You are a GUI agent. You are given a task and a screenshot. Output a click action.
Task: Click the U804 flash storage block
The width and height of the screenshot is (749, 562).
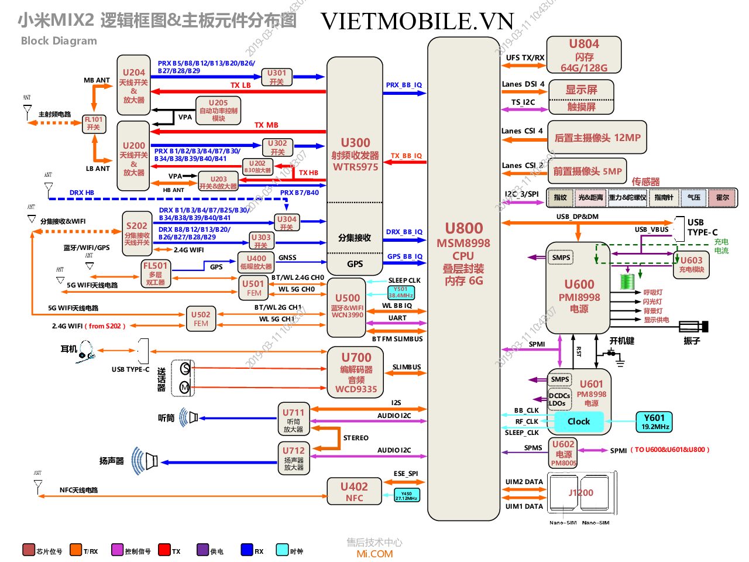click(583, 55)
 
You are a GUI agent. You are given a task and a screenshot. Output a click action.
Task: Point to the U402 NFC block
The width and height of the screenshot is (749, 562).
click(354, 491)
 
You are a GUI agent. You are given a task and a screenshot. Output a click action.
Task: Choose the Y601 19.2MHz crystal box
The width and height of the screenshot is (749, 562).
click(654, 421)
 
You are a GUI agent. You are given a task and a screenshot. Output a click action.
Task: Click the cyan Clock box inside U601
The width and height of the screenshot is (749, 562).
click(578, 421)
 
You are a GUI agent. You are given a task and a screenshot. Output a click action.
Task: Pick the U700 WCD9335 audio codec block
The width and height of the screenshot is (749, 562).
click(356, 372)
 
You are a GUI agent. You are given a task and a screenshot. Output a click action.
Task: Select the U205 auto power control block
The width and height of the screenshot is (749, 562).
click(218, 110)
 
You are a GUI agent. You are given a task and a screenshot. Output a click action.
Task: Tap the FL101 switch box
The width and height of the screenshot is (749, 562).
click(94, 124)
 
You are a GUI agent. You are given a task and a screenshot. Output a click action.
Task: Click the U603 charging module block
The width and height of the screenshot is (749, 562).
click(691, 265)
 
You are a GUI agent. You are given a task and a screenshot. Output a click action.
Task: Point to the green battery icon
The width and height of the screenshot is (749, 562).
click(627, 281)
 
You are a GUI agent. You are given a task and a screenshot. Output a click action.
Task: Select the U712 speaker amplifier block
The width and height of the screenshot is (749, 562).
click(294, 458)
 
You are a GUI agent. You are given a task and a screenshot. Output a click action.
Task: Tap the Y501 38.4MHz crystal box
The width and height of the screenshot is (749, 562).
click(401, 292)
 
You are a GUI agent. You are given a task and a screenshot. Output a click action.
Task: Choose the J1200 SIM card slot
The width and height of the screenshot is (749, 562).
click(580, 493)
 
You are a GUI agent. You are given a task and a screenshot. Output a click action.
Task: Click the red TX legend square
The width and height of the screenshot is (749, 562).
click(164, 550)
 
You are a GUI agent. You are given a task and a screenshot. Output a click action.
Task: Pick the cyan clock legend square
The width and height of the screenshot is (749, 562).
click(282, 550)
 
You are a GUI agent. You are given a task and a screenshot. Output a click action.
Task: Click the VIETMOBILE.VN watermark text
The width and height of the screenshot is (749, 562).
click(417, 22)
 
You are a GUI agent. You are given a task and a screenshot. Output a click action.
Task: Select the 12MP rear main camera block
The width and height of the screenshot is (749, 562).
click(597, 138)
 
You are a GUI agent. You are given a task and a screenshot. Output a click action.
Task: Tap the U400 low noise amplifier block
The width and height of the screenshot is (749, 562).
click(256, 262)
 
